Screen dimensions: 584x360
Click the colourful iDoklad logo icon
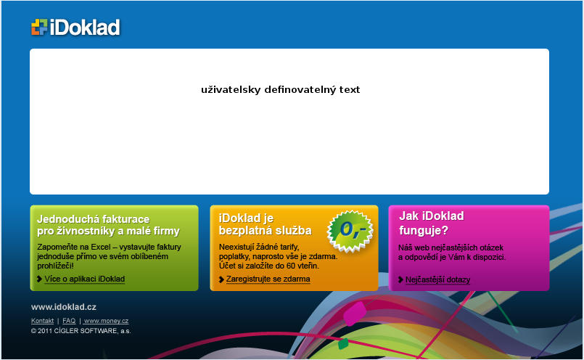[39, 27]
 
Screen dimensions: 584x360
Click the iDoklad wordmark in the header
[85, 27]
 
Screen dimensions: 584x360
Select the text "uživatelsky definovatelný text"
[281, 90]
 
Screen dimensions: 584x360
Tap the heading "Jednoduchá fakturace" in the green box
[93, 218]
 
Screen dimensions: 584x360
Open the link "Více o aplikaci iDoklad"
[85, 279]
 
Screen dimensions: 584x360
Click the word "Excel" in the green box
[101, 247]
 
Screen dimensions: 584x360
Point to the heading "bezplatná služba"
[266, 231]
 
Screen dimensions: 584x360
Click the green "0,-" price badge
[350, 230]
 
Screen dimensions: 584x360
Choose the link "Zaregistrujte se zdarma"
[268, 279]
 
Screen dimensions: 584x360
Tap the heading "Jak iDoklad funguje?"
[432, 223]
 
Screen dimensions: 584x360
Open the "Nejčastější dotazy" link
[437, 279]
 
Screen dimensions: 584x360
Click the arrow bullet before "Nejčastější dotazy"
[400, 279]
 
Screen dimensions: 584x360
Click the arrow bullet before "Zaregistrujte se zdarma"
[221, 279]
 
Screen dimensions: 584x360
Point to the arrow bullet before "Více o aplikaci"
[39, 279]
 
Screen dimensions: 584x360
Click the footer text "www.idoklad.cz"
[64, 307]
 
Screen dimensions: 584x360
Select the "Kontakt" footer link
[43, 321]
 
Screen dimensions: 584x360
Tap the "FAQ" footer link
[69, 321]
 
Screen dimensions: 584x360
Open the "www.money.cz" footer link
[106, 321]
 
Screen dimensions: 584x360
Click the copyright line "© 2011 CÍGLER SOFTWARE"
[81, 331]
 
